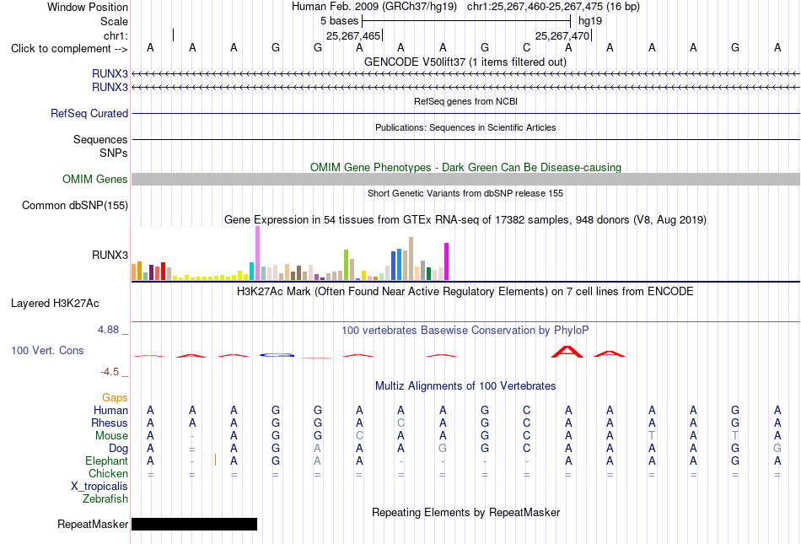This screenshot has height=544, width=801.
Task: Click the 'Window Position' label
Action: pos(88,7)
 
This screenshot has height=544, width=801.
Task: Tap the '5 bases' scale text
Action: pos(339,21)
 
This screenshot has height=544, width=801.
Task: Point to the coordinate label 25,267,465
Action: pos(353,35)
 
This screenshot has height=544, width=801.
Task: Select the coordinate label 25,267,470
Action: pos(562,35)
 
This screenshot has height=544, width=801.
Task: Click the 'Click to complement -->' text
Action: pos(69,49)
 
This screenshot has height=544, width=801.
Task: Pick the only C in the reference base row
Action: pos(527,47)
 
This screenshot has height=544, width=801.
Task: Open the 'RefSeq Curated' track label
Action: pos(89,113)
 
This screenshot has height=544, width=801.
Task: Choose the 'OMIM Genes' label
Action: pos(94,180)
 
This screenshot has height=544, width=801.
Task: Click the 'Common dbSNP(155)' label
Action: pos(74,205)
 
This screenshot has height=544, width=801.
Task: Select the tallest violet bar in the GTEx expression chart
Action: pos(257,253)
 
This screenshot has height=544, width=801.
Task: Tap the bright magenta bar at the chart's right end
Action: pos(447,261)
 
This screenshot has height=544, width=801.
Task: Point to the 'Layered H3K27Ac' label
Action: pos(55,304)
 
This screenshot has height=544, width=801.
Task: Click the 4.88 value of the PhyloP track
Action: pos(108,330)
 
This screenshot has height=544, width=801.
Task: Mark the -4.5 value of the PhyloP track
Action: pos(110,372)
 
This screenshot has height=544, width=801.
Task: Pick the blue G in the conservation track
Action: pos(277,355)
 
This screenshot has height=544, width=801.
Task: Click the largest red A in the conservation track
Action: pos(567,352)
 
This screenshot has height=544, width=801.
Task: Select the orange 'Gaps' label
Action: pos(115,397)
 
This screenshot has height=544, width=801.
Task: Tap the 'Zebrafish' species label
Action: pos(105,499)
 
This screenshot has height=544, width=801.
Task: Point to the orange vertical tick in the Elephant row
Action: pos(216,460)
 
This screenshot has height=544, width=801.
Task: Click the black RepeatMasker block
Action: pos(194,524)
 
